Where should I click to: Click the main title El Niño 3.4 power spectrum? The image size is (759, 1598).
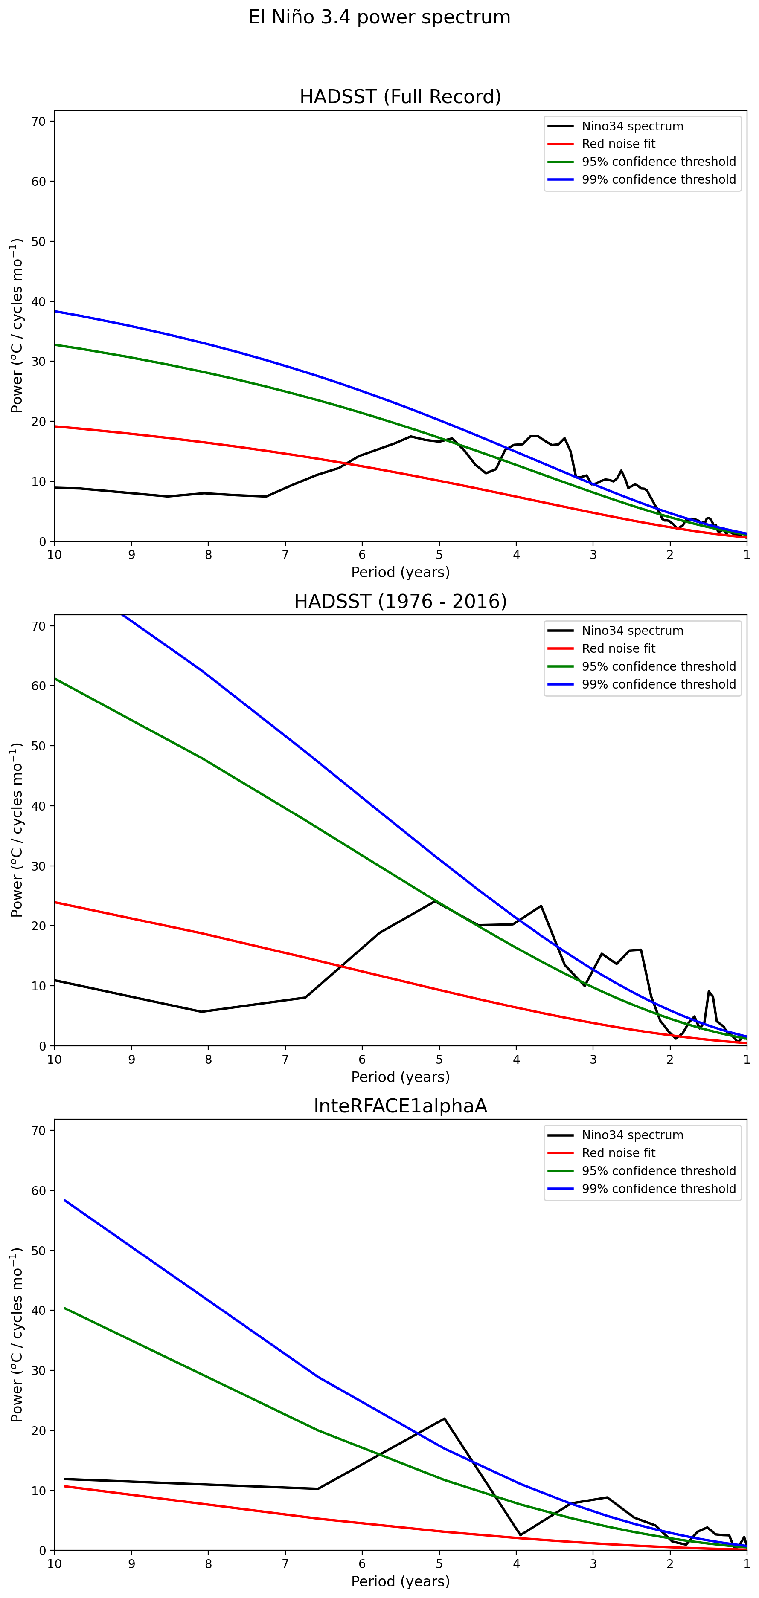click(379, 17)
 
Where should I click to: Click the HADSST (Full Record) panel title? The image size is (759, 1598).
click(400, 97)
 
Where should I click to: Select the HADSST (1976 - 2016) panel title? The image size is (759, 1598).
click(400, 601)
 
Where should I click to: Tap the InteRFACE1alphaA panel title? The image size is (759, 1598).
click(400, 1106)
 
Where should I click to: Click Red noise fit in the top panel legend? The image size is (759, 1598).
click(618, 144)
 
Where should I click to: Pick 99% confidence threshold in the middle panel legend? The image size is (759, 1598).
click(658, 684)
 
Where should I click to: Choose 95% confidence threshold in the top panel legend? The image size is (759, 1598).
click(658, 162)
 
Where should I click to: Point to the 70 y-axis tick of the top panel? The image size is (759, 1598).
click(38, 122)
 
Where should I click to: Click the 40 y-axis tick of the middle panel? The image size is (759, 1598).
click(38, 806)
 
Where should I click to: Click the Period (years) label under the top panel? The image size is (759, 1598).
click(400, 572)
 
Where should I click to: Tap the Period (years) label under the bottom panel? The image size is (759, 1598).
click(400, 1581)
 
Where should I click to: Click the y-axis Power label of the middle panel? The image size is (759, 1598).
click(17, 830)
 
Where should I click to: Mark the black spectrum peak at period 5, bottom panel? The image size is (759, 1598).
click(445, 1418)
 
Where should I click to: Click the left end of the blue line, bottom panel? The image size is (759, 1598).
click(64, 1200)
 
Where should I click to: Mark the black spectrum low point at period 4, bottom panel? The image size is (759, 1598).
click(520, 1535)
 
